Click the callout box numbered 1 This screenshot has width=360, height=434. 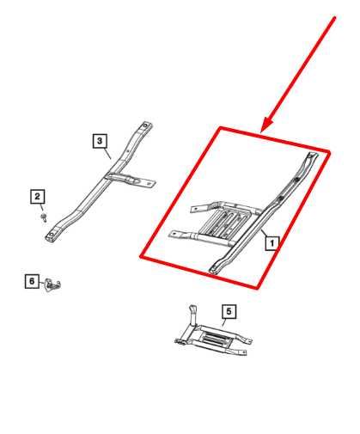(x=272, y=243)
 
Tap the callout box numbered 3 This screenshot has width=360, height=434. (x=100, y=139)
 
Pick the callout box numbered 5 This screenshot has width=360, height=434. (x=229, y=310)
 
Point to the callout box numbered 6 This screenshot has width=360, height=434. (x=31, y=280)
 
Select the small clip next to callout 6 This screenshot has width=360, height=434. (x=53, y=281)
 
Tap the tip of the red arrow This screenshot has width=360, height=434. (x=265, y=131)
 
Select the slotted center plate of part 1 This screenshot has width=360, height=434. (x=226, y=226)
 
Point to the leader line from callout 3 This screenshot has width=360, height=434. (x=108, y=152)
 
